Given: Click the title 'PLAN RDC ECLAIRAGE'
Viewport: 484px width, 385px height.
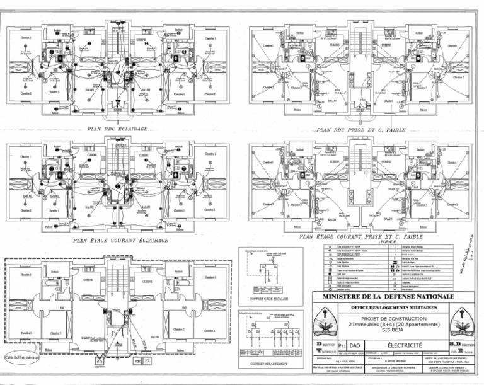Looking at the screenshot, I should pos(118,129).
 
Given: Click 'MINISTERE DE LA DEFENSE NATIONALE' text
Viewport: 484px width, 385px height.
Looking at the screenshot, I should pos(388,296).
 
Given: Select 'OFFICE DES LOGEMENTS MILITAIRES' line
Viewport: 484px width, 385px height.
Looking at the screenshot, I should pos(388,307).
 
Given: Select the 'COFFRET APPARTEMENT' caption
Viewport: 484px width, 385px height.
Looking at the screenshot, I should pos(264,364).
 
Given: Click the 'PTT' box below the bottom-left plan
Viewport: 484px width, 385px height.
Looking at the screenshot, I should pos(147,362).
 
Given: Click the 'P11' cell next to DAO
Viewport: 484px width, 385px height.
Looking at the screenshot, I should pos(342,345).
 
